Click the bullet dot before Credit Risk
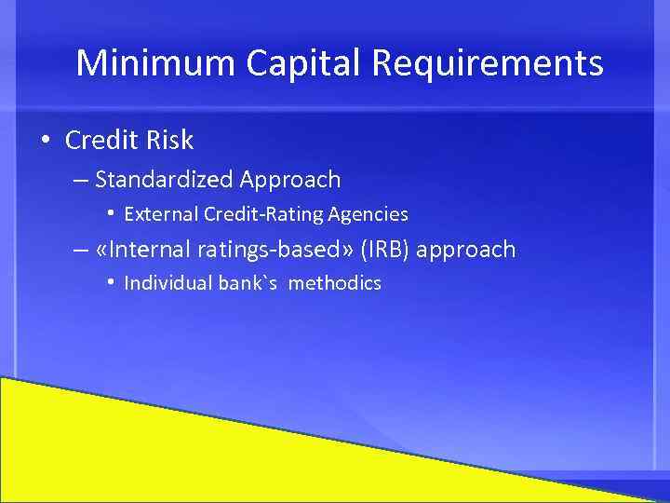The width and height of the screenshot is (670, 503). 45,141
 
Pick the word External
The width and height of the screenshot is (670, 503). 162,214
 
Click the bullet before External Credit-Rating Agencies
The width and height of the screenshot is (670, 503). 111,214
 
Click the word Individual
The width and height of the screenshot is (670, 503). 167,283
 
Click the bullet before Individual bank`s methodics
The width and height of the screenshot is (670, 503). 111,282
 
